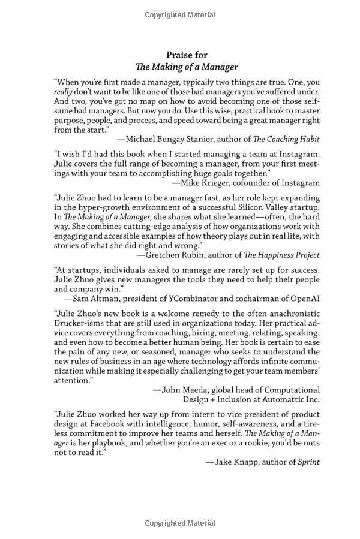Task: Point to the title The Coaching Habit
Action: pos(286,139)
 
